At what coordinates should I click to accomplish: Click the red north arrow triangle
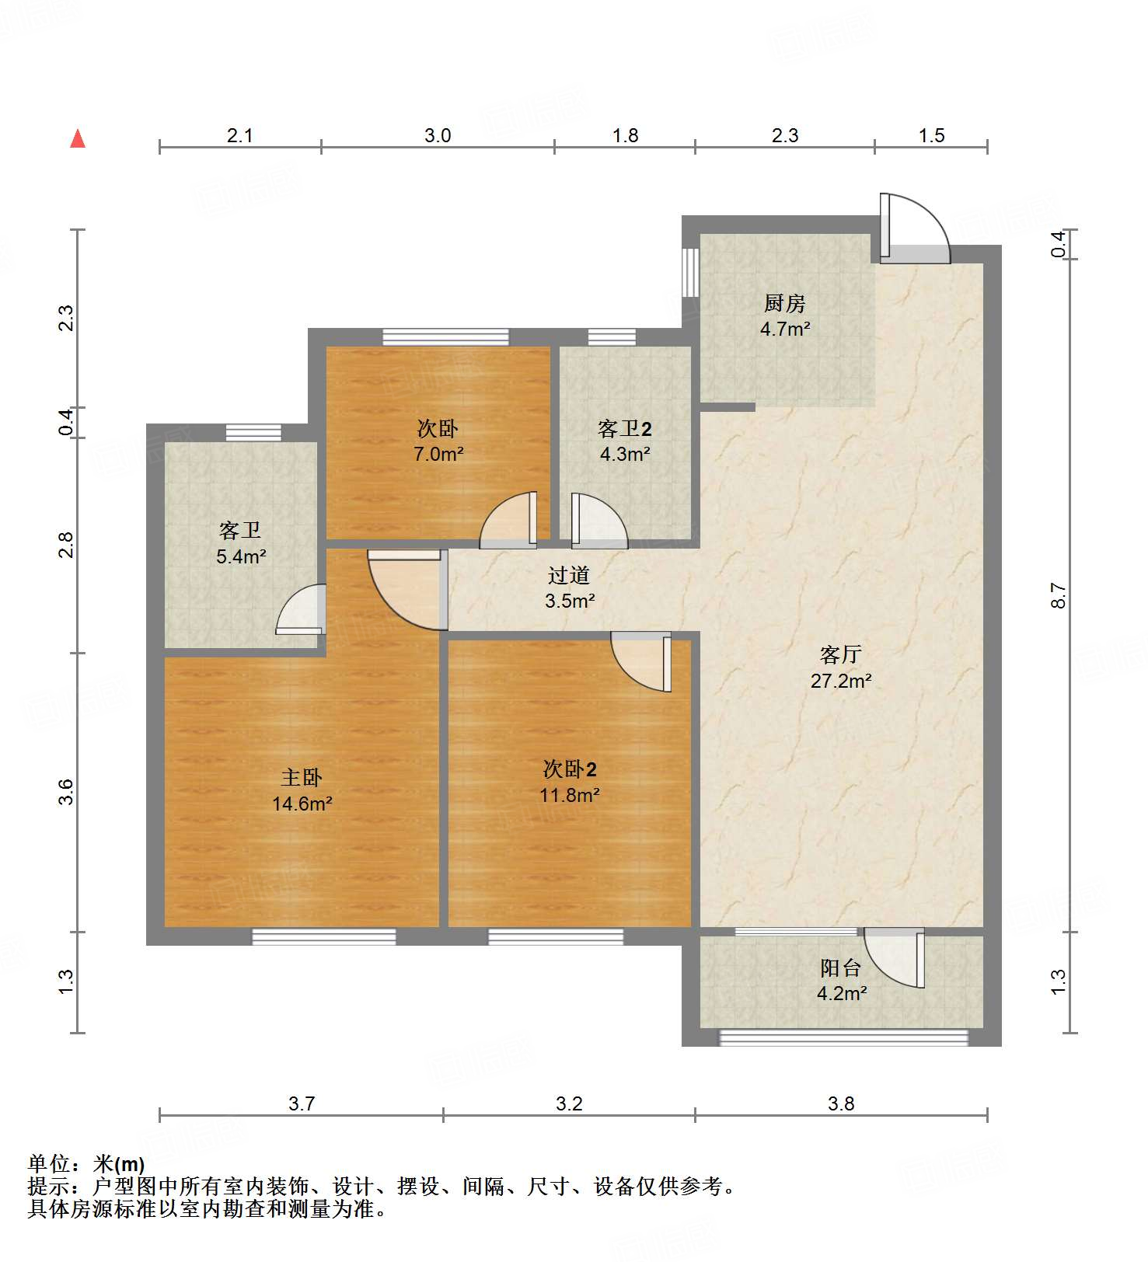(x=78, y=138)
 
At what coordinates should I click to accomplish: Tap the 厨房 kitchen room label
(x=785, y=303)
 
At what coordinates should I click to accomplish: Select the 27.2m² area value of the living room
(x=841, y=681)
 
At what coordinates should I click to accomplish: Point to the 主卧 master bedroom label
(x=302, y=777)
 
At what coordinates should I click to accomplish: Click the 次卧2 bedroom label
(x=570, y=769)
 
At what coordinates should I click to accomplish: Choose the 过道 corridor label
(x=569, y=575)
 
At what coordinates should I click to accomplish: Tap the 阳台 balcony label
(x=841, y=967)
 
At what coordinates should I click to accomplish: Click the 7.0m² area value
(x=438, y=454)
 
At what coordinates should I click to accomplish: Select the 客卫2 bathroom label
(x=625, y=428)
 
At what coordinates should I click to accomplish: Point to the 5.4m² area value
(x=241, y=556)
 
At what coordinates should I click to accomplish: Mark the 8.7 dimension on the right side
(x=1059, y=595)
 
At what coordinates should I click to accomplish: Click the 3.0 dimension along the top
(x=438, y=135)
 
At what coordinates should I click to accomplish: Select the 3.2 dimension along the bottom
(x=569, y=1103)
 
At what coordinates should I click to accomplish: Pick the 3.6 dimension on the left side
(x=66, y=792)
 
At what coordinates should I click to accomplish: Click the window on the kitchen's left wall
(x=690, y=272)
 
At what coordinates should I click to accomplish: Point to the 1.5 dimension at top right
(x=931, y=135)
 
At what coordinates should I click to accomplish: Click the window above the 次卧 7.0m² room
(x=445, y=337)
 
